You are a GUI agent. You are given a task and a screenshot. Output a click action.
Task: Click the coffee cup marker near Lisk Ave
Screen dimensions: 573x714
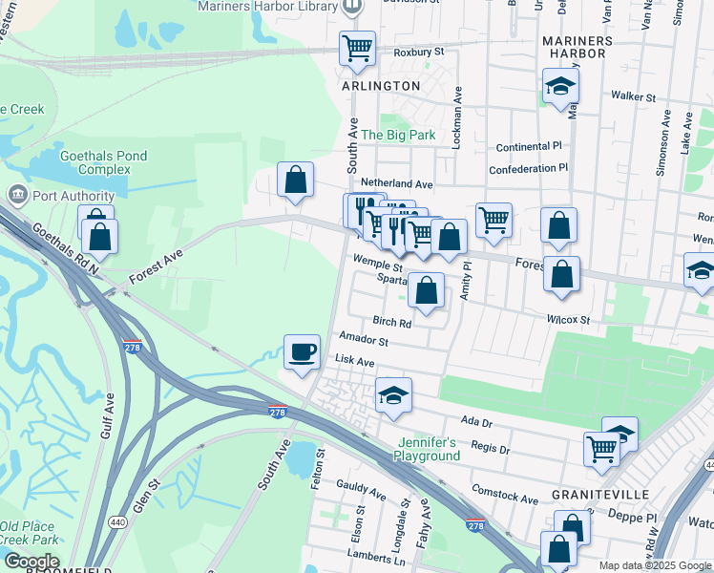[x=303, y=352]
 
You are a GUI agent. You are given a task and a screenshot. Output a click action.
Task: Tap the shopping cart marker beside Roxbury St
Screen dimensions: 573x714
[x=357, y=47]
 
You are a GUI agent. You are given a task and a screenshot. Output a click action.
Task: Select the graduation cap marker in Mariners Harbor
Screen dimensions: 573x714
[x=559, y=87]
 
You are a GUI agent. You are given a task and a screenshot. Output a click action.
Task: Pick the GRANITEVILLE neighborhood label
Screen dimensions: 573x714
[x=601, y=495]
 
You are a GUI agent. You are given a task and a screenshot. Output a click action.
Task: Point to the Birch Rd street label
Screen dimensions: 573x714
[x=391, y=323]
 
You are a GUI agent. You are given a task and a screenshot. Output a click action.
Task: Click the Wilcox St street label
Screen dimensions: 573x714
[x=568, y=320]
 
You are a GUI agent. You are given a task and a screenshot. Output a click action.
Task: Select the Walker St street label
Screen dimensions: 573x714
[x=634, y=96]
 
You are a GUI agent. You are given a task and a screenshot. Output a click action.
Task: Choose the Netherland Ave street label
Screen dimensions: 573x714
[x=396, y=182]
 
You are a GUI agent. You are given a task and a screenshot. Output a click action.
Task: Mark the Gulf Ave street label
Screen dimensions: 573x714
[x=108, y=415]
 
